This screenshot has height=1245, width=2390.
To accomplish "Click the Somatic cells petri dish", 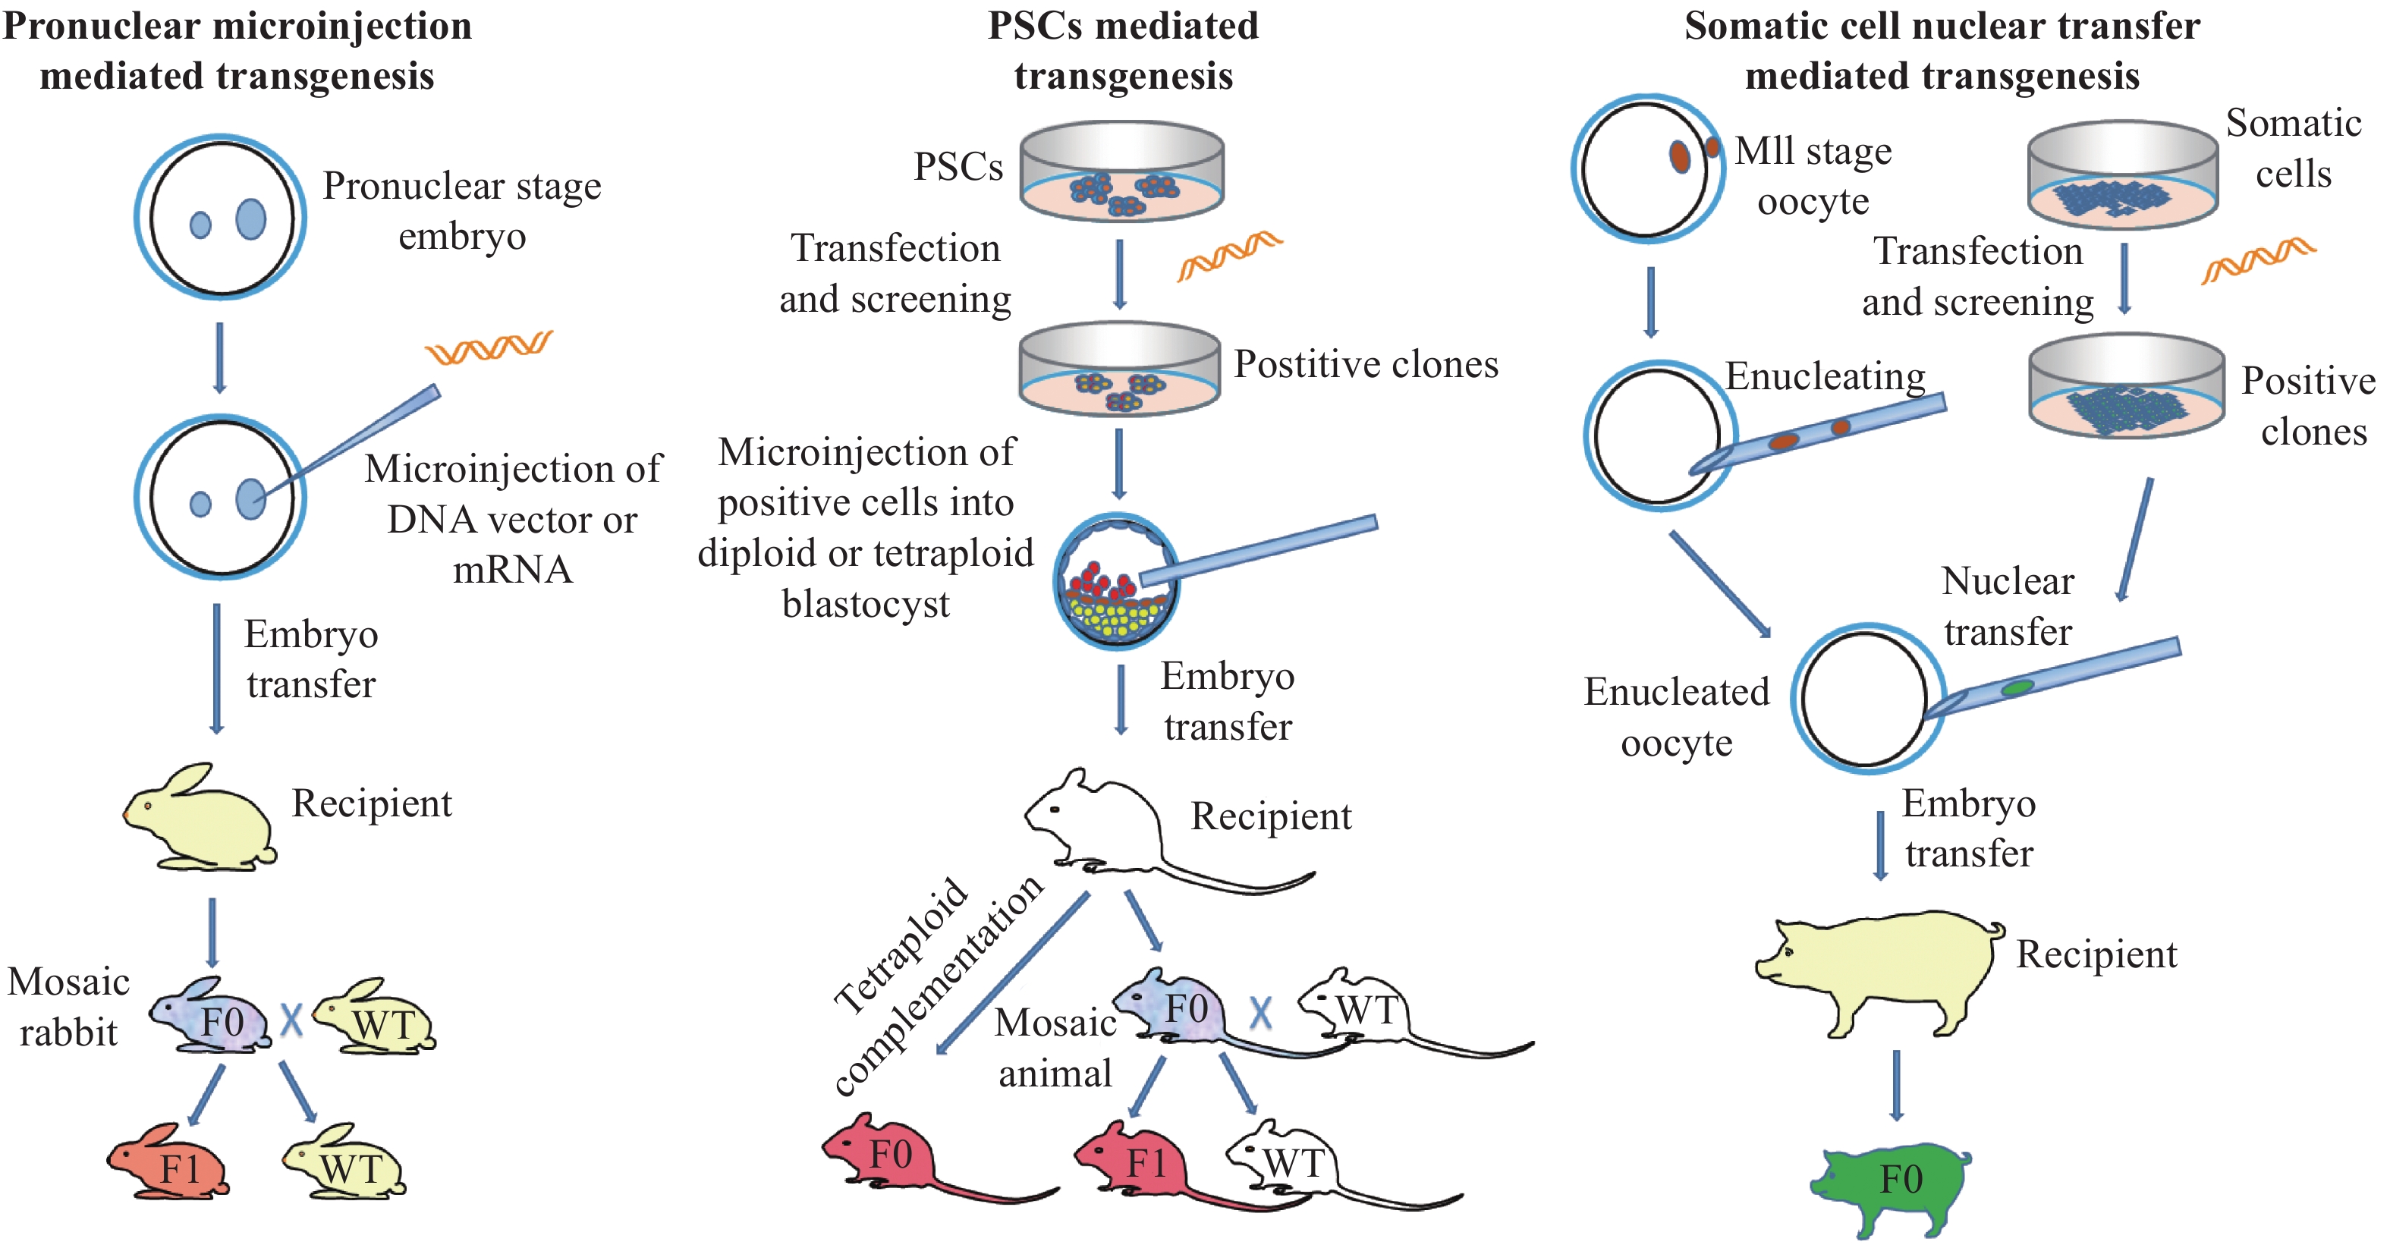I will tap(2122, 176).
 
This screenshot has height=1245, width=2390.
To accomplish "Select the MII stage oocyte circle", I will tap(1647, 169).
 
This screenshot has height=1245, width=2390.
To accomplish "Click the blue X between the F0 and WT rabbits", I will tap(291, 1020).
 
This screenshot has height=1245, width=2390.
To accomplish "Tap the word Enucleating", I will tap(1825, 376).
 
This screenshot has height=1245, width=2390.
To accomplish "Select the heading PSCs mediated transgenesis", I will tap(1123, 50).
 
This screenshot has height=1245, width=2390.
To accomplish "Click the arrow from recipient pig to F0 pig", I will tap(1895, 1086).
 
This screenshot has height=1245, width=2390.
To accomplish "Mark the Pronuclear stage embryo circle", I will tap(221, 217).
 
